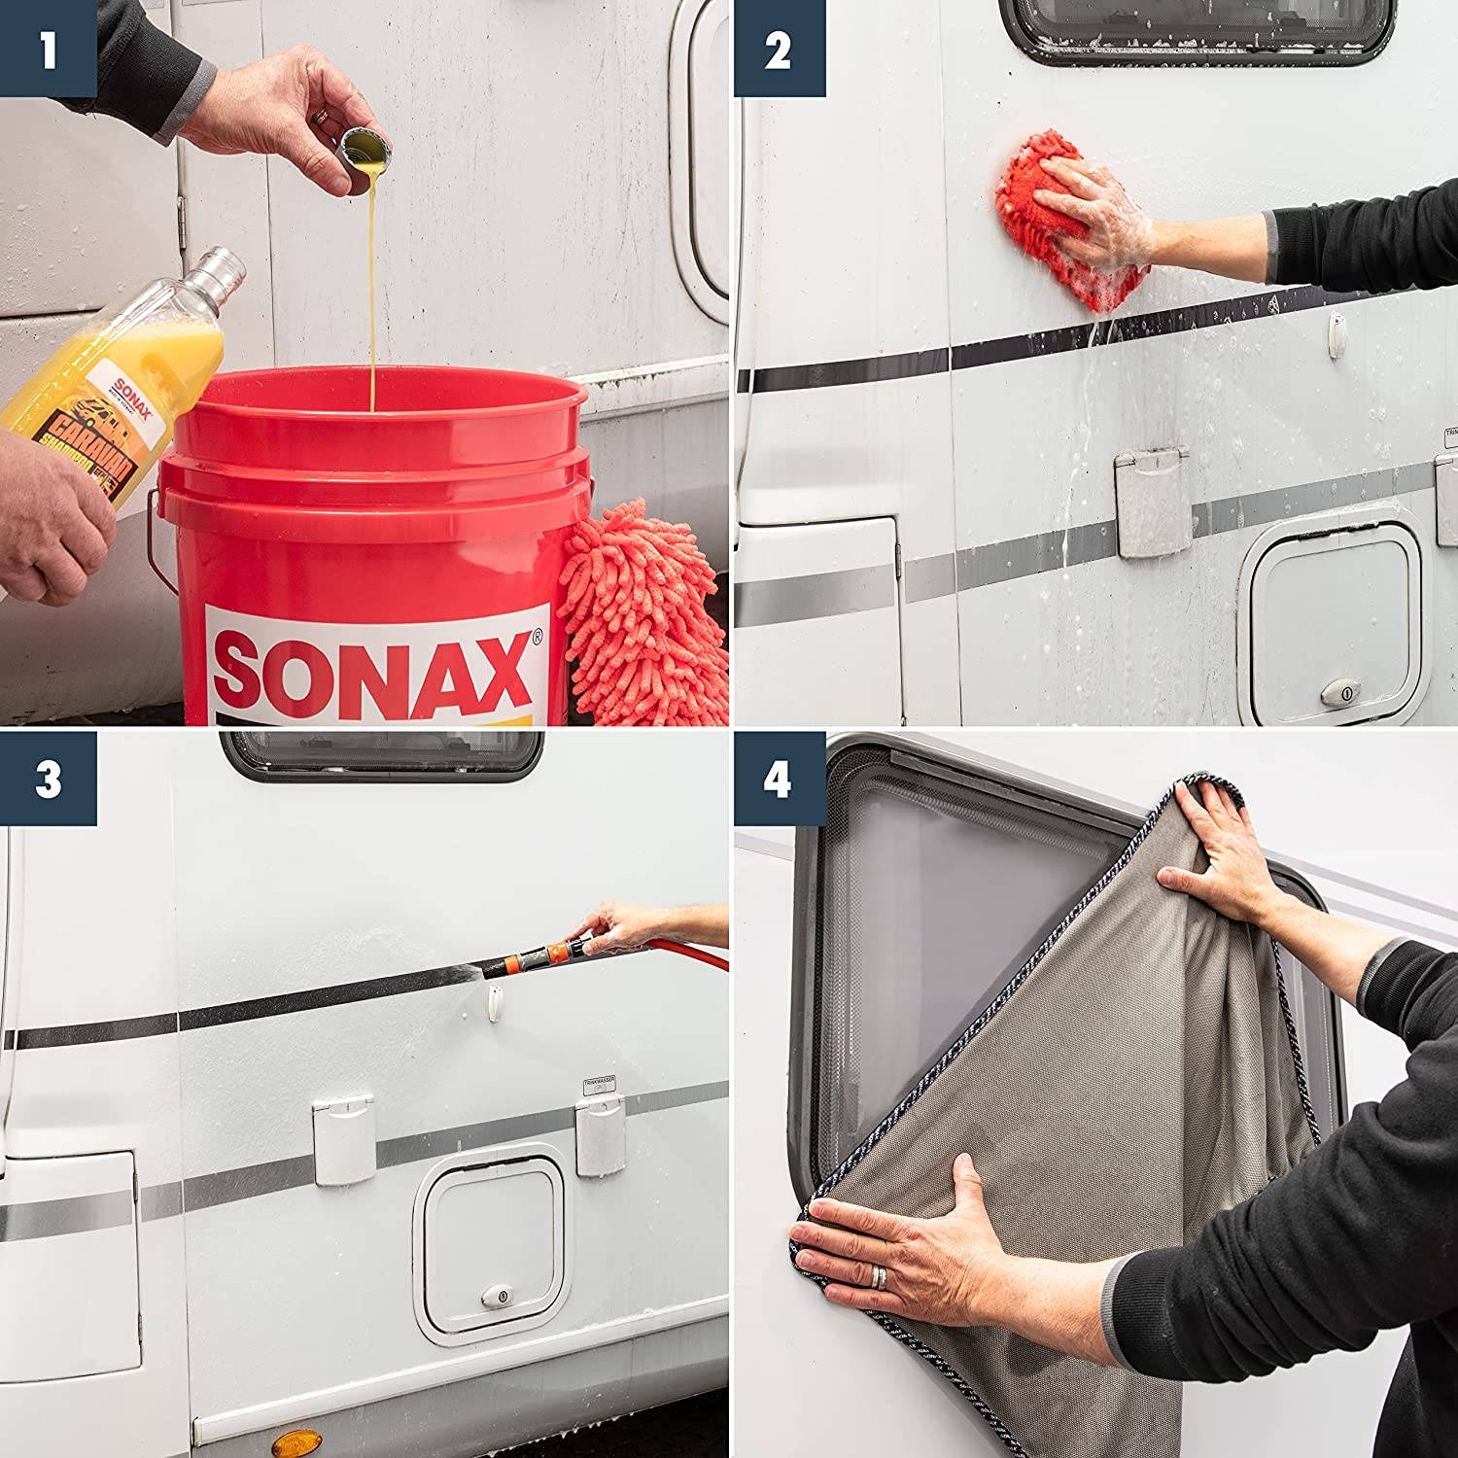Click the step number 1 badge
tap(48, 49)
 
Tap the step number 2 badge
tap(779, 49)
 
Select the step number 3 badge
tap(48, 780)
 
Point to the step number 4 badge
tap(779, 780)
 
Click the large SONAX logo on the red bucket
tap(374, 671)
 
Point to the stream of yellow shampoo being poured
tap(372, 292)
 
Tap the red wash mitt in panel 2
tap(1055, 219)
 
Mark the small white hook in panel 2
tap(1337, 333)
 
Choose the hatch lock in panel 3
tap(497, 1296)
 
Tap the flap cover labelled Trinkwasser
tap(601, 1132)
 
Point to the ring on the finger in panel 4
tap(879, 1276)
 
